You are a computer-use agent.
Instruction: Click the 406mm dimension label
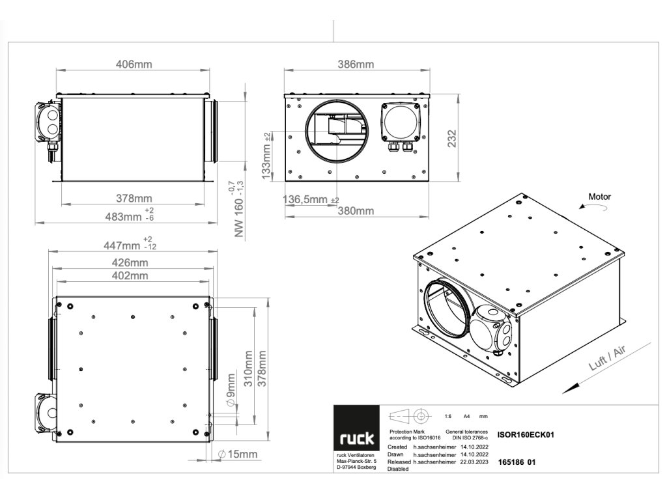[x=134, y=64]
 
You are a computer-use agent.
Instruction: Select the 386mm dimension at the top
[x=356, y=64]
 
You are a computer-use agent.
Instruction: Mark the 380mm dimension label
[x=356, y=210]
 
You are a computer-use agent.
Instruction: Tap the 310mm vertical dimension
[x=248, y=369]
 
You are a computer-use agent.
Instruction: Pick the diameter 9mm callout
[x=231, y=391]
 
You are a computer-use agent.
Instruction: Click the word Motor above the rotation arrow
[x=600, y=196]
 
